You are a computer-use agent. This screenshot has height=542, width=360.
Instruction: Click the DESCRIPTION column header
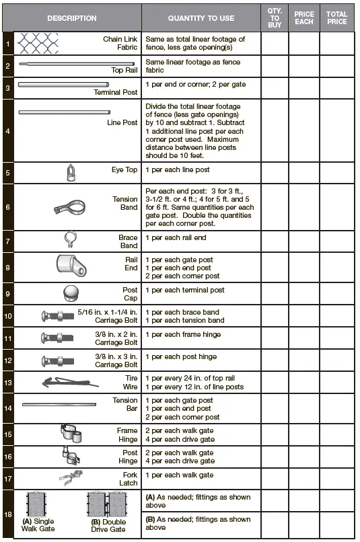click(72, 18)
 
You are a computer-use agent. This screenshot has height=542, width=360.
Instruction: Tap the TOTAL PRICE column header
click(336, 18)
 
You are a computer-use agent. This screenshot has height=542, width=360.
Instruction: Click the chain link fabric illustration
click(38, 44)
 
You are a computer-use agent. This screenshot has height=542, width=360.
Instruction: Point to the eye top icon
click(71, 173)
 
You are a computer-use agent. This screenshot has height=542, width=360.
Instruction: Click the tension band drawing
click(74, 206)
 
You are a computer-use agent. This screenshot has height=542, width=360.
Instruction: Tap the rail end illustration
click(69, 265)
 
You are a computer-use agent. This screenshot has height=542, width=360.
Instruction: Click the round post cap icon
click(72, 293)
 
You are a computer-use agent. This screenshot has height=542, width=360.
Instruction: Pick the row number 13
click(7, 382)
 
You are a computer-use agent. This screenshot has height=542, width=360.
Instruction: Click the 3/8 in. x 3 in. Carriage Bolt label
click(116, 360)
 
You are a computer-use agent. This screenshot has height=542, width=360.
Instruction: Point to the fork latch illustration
click(70, 478)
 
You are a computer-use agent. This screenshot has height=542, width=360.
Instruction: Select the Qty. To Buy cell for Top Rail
click(275, 66)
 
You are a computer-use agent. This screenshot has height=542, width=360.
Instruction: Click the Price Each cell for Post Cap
click(304, 293)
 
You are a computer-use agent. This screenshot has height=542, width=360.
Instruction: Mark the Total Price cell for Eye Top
click(336, 173)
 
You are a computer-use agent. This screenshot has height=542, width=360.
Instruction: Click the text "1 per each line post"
click(178, 170)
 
